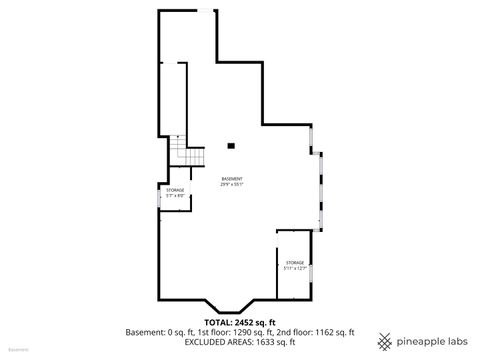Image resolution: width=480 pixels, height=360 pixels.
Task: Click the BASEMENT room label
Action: click(x=232, y=179)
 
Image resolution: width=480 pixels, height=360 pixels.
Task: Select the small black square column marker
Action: click(x=231, y=147)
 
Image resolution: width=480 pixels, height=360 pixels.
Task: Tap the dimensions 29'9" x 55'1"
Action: click(x=232, y=184)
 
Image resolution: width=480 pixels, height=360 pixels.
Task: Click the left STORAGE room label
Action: click(x=175, y=190)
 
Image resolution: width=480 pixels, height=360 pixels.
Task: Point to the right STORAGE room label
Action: click(x=294, y=262)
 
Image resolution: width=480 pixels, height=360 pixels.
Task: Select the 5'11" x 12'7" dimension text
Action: click(x=294, y=268)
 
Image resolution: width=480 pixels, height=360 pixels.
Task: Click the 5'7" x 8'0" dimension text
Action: click(x=175, y=196)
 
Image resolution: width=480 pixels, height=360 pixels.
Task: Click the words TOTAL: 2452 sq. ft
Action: click(x=240, y=322)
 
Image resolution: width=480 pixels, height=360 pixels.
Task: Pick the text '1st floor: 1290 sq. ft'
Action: click(x=239, y=331)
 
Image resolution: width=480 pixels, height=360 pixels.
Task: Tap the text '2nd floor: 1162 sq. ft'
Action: click(x=317, y=331)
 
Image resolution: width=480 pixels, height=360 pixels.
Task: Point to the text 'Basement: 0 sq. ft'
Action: click(x=159, y=331)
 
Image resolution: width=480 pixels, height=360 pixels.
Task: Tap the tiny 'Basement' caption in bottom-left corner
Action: click(x=17, y=352)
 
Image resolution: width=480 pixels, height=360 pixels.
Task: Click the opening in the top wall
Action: click(x=204, y=11)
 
